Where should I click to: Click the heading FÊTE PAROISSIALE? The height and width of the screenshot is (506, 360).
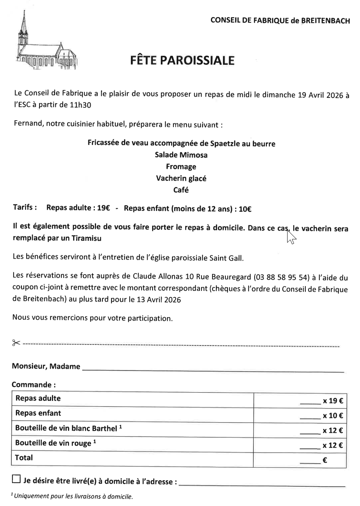click(x=182, y=60)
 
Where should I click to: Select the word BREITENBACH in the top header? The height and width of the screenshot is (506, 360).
click(x=325, y=21)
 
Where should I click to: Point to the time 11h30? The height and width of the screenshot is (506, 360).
click(x=80, y=105)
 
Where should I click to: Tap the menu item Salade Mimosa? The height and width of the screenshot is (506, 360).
click(x=181, y=155)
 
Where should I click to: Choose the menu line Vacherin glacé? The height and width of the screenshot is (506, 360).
click(x=181, y=178)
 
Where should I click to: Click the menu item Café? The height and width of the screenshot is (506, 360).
click(x=181, y=190)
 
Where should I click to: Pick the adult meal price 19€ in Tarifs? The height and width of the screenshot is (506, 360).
click(x=104, y=208)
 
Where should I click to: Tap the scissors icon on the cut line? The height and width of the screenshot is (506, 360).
click(x=16, y=343)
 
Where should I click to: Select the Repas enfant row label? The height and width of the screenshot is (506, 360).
click(x=38, y=413)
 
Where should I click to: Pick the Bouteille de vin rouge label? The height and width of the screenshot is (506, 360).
click(x=53, y=443)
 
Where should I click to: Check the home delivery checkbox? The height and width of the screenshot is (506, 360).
click(x=16, y=479)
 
